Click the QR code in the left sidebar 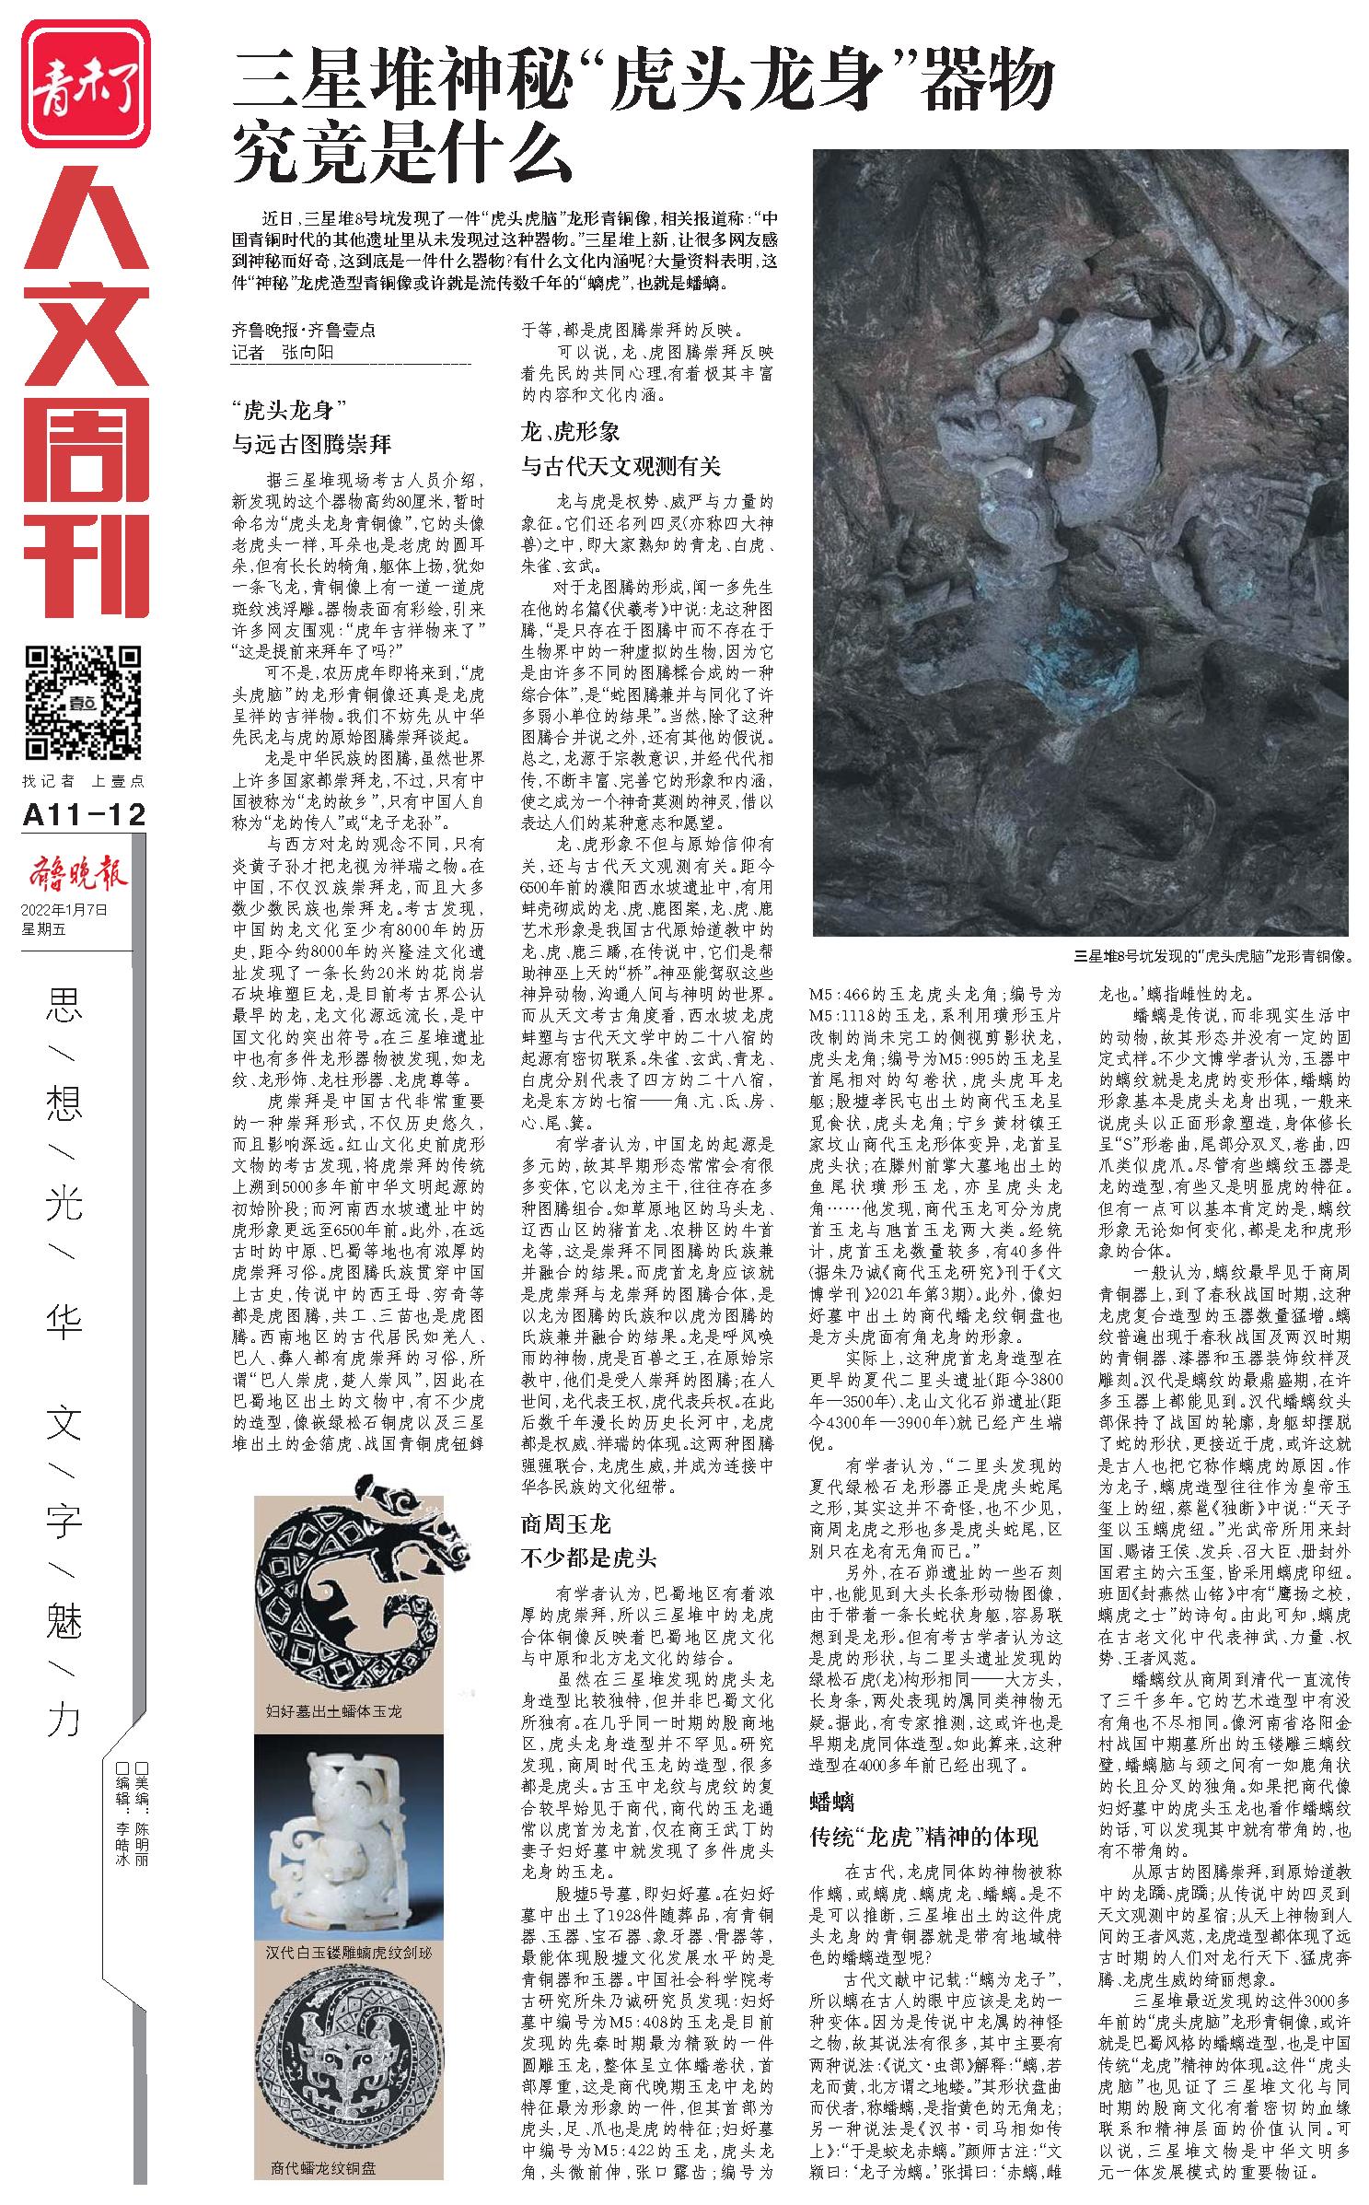click(83, 703)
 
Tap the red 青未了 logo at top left click(85, 84)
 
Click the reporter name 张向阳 click(303, 353)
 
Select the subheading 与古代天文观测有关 click(621, 467)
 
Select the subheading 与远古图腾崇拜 click(312, 445)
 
